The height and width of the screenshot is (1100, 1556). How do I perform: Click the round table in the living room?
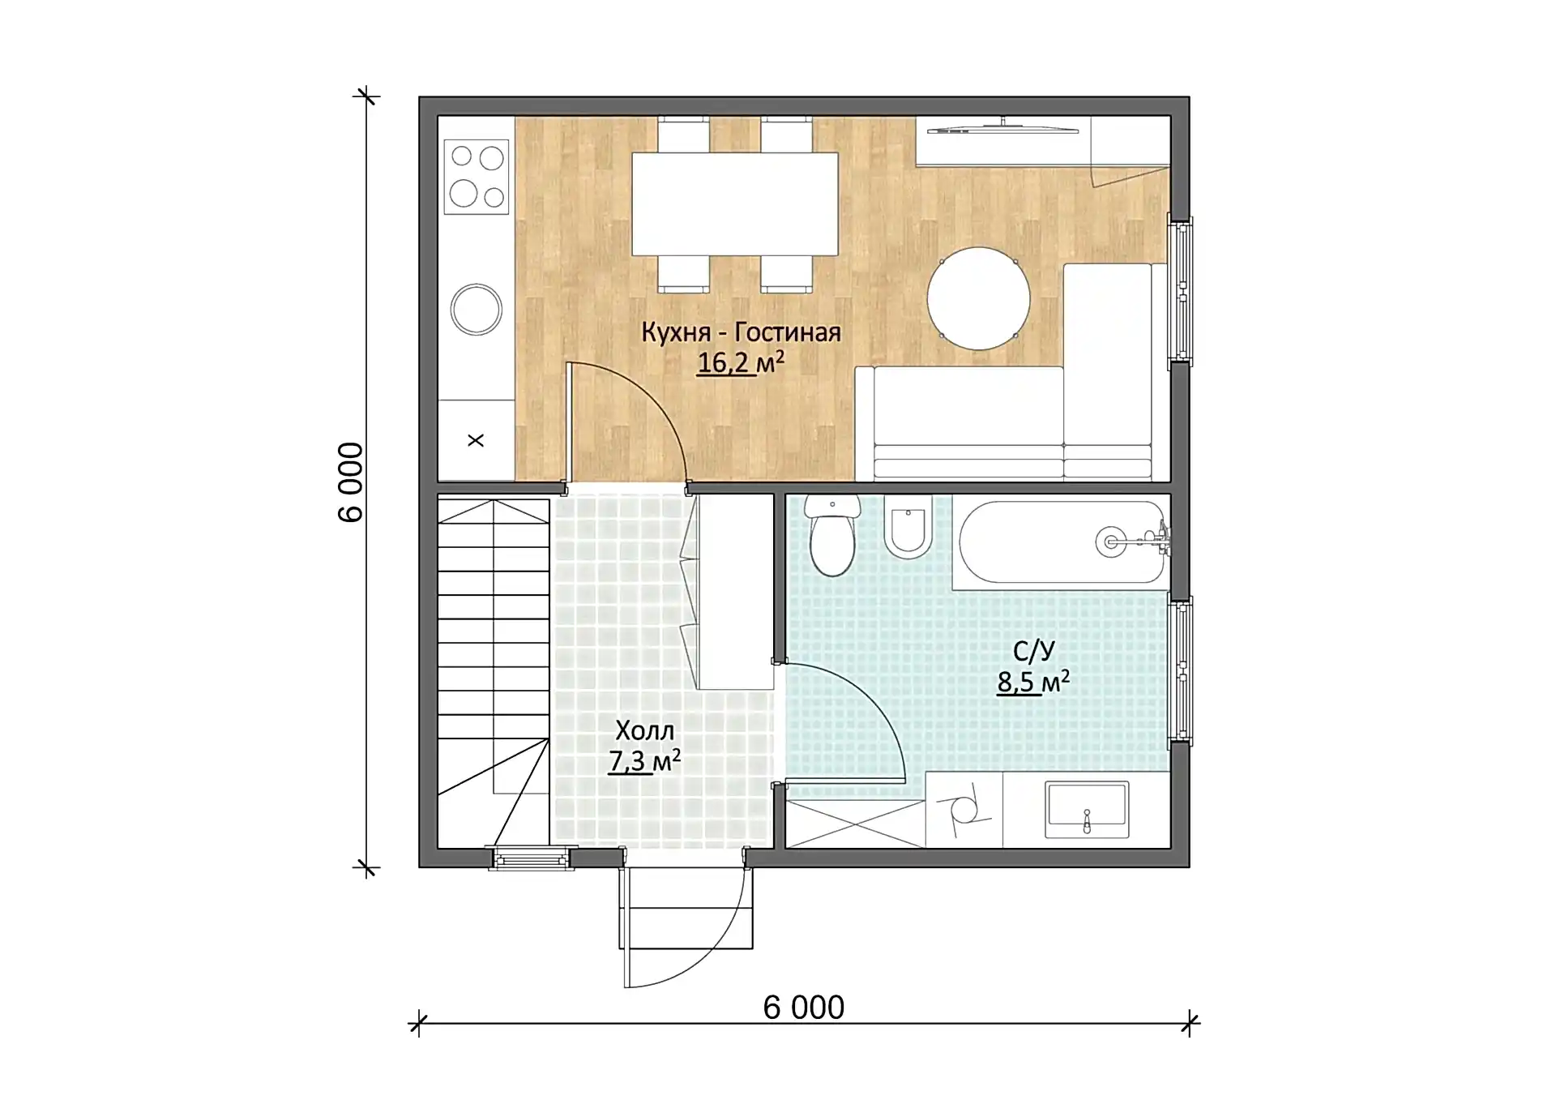pos(978,298)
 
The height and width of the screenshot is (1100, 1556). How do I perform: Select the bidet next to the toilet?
pos(908,527)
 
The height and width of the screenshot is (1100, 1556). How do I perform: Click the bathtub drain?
pos(1109,541)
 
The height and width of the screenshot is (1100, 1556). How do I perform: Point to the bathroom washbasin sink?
pos(1087,809)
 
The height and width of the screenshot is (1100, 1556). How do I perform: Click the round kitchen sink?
pos(476,309)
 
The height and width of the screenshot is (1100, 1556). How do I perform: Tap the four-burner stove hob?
pos(477,177)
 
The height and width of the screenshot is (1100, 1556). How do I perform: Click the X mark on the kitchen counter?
pos(476,440)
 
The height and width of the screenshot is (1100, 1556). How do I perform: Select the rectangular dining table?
pos(734,203)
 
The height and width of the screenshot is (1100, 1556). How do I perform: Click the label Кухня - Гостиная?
pos(741,332)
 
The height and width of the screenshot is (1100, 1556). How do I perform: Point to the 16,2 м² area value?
pos(741,362)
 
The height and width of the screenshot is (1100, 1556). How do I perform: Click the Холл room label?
pos(644,730)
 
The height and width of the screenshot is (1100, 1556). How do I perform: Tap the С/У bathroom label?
pos(1034,651)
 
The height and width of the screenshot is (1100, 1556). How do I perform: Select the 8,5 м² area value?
pos(1033,682)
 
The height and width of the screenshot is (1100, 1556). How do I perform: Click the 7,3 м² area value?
pos(644,761)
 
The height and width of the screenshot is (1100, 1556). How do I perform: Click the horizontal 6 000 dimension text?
pos(804,1008)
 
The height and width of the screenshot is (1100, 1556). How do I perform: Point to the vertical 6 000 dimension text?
pos(351,482)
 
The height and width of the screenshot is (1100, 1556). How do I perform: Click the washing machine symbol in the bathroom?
pos(964,809)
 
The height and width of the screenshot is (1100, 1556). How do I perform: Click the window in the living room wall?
pos(1179,290)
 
